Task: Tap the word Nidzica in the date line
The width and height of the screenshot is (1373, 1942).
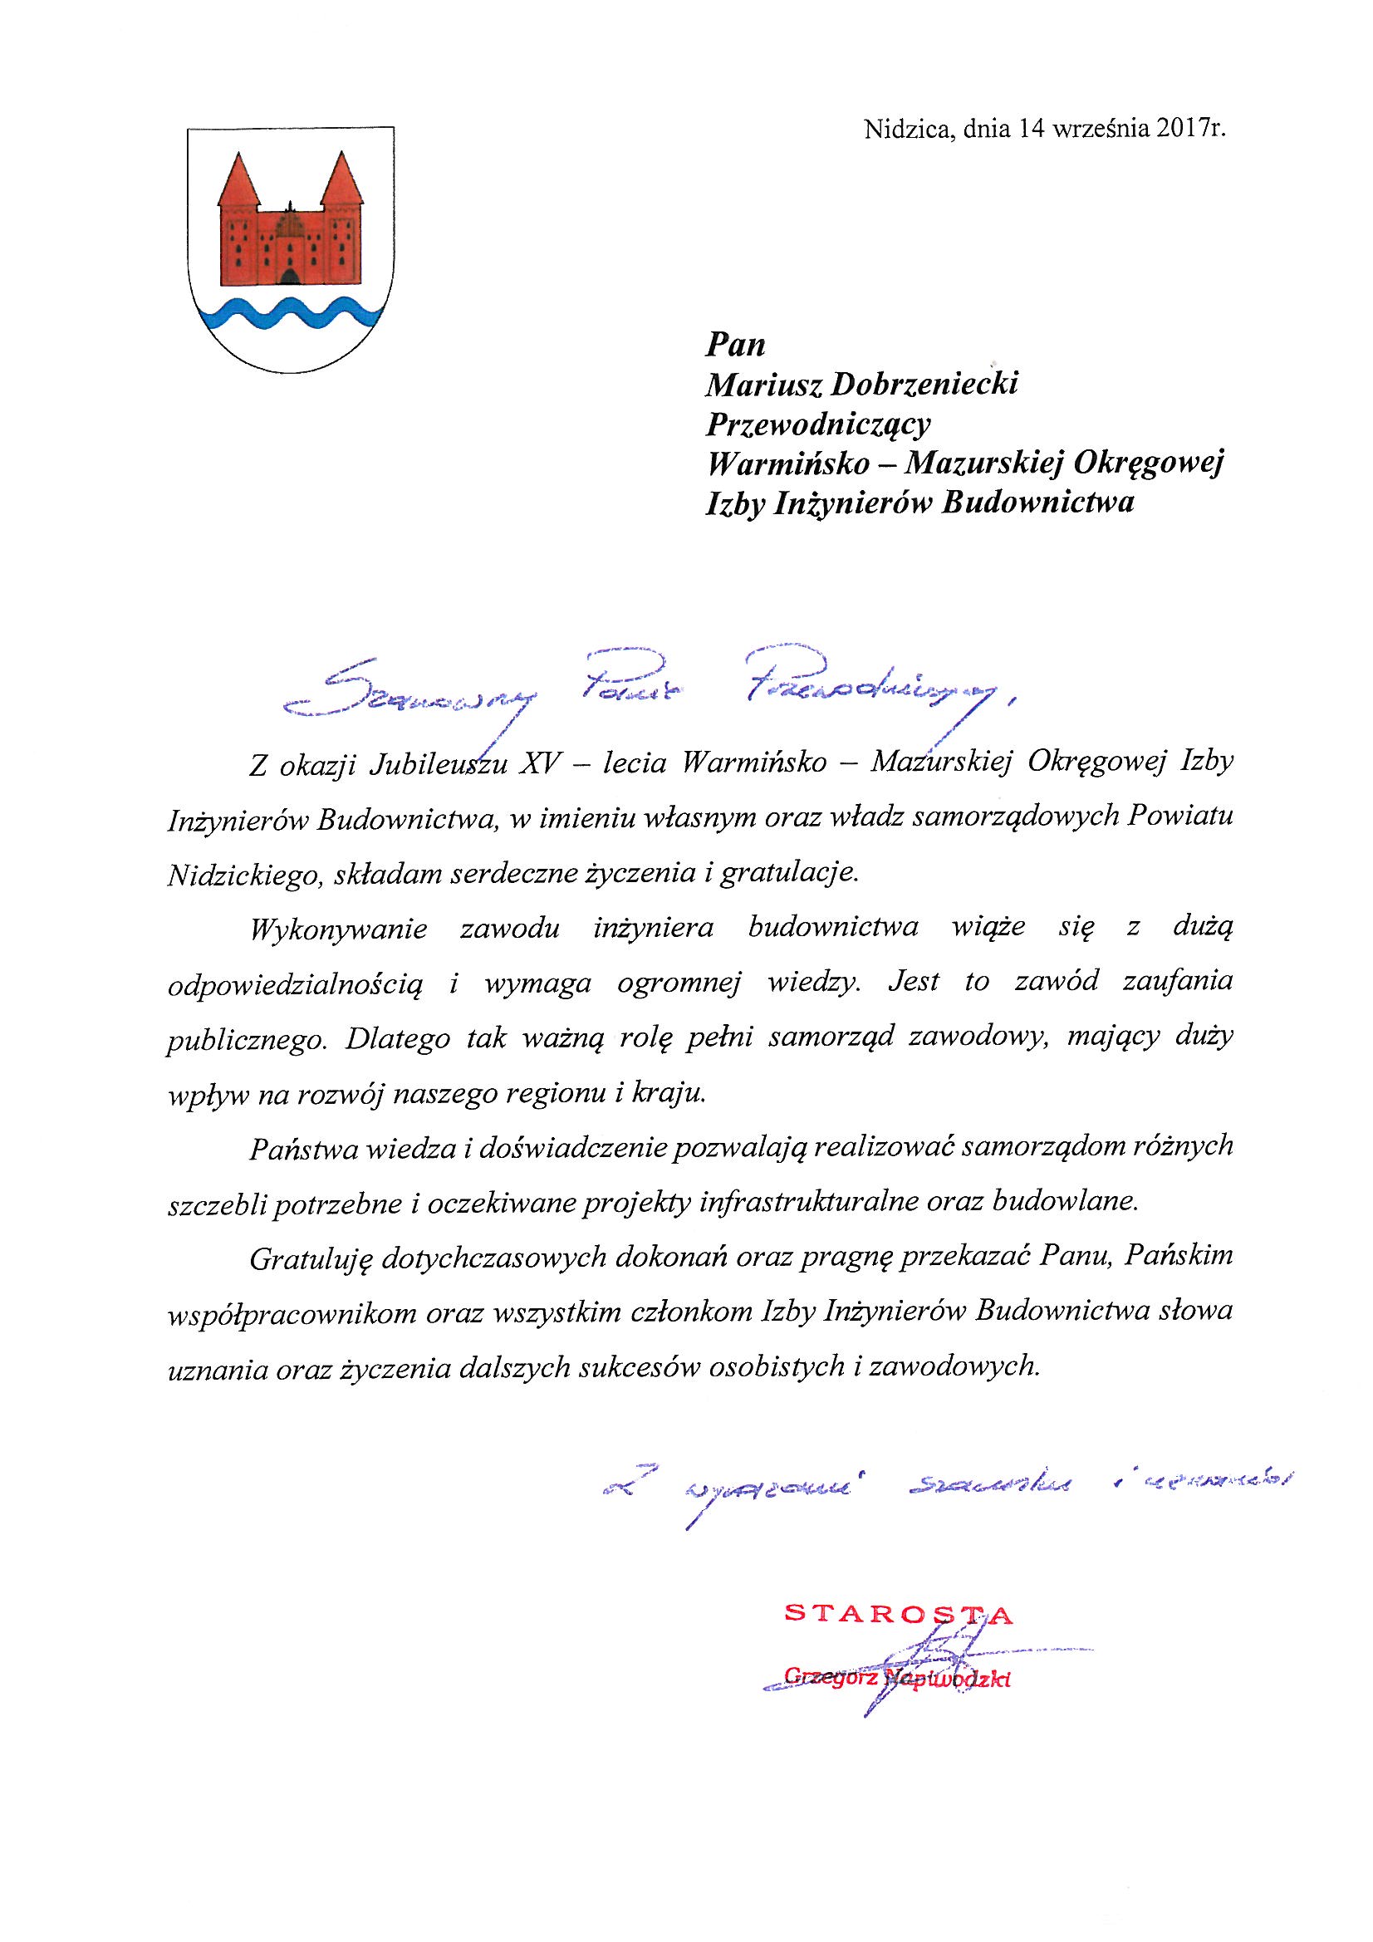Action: click(x=908, y=130)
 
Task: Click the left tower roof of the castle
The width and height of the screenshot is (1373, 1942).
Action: click(x=238, y=180)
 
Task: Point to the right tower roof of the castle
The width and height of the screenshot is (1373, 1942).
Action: click(x=341, y=180)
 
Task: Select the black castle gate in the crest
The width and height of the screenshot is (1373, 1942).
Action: click(x=290, y=277)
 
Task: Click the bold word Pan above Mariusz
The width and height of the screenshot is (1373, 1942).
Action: click(x=735, y=345)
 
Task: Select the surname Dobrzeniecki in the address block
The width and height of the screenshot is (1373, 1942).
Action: click(x=925, y=385)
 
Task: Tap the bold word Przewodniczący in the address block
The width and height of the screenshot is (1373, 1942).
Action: click(x=818, y=424)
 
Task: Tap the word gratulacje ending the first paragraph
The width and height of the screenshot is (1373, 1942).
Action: click(x=789, y=874)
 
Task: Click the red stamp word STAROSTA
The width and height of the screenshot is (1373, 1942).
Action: click(x=899, y=1614)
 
